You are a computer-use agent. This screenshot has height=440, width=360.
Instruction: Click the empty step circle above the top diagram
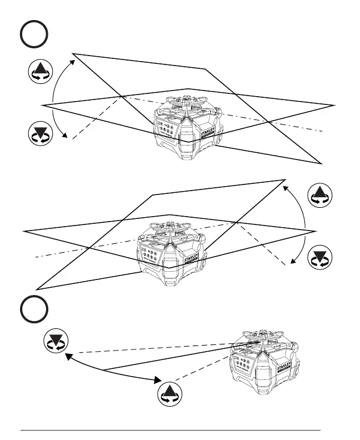(x=33, y=35)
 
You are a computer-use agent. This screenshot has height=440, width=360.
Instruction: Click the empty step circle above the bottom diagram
(x=33, y=309)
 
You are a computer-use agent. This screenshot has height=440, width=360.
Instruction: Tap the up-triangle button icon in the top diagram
(x=40, y=73)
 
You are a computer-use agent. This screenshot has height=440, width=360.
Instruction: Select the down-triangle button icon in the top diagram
(x=40, y=135)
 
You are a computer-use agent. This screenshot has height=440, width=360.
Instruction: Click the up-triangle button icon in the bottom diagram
(x=169, y=393)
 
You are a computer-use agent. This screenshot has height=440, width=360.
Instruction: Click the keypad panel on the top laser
(x=166, y=127)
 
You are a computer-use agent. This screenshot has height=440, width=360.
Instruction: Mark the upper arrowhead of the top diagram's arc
(x=73, y=56)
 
